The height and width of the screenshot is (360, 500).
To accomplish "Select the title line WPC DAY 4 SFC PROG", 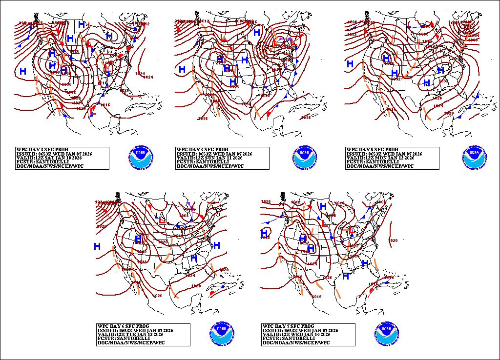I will pos(201,149).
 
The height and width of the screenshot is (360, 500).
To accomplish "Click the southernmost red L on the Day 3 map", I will pos(92,111).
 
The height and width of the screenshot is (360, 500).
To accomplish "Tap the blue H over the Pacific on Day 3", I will pos(22,71).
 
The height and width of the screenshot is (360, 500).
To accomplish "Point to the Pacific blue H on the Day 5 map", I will pos(350,64).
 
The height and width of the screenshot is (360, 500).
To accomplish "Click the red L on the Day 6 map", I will pos(162,220).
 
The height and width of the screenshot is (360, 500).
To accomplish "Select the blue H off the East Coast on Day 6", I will pos(216,245).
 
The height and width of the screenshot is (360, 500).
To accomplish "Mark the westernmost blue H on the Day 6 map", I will pos(97,247).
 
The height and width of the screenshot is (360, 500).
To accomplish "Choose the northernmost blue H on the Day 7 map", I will pos(323,206).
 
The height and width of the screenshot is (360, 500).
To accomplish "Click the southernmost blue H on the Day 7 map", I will pos(346,276).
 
